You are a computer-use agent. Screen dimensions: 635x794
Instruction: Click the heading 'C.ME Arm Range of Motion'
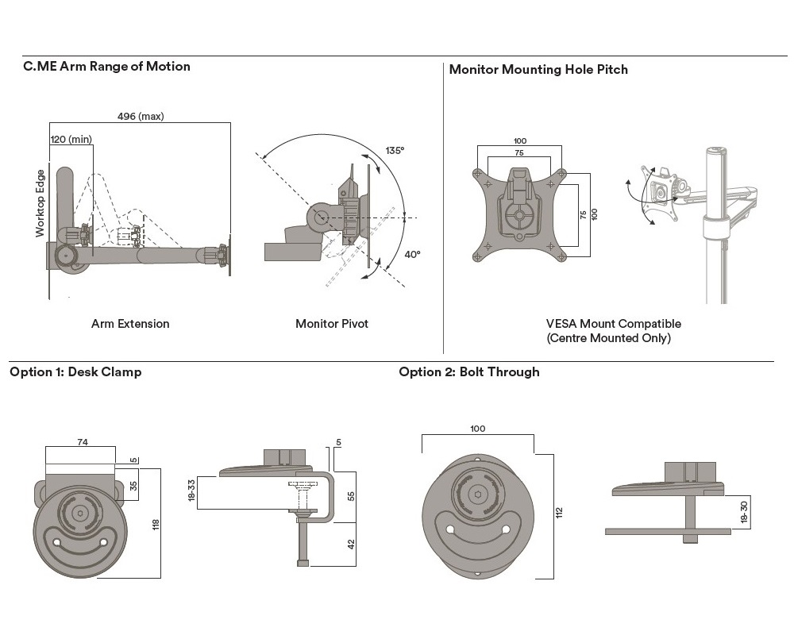pos(106,67)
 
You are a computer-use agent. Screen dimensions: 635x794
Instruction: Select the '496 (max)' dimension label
pos(141,117)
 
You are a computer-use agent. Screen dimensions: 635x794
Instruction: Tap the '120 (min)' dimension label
pos(71,140)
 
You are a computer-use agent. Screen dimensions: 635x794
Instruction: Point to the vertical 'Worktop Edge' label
pos(40,203)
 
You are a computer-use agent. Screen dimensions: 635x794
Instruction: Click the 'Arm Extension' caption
pos(130,324)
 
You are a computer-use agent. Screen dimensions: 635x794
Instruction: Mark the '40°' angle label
pos(413,255)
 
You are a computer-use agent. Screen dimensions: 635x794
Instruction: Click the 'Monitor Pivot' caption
pos(332,324)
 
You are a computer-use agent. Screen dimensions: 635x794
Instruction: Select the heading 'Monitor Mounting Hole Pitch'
pos(538,70)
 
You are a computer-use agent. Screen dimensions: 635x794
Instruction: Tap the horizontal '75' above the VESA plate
pos(518,152)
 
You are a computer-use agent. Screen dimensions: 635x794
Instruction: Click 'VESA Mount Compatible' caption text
pos(613,324)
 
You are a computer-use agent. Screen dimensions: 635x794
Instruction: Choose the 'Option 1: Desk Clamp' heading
pos(75,371)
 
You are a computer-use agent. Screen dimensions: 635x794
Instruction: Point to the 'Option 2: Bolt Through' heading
pos(468,371)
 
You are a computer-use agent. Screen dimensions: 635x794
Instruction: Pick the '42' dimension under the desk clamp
pos(350,545)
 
